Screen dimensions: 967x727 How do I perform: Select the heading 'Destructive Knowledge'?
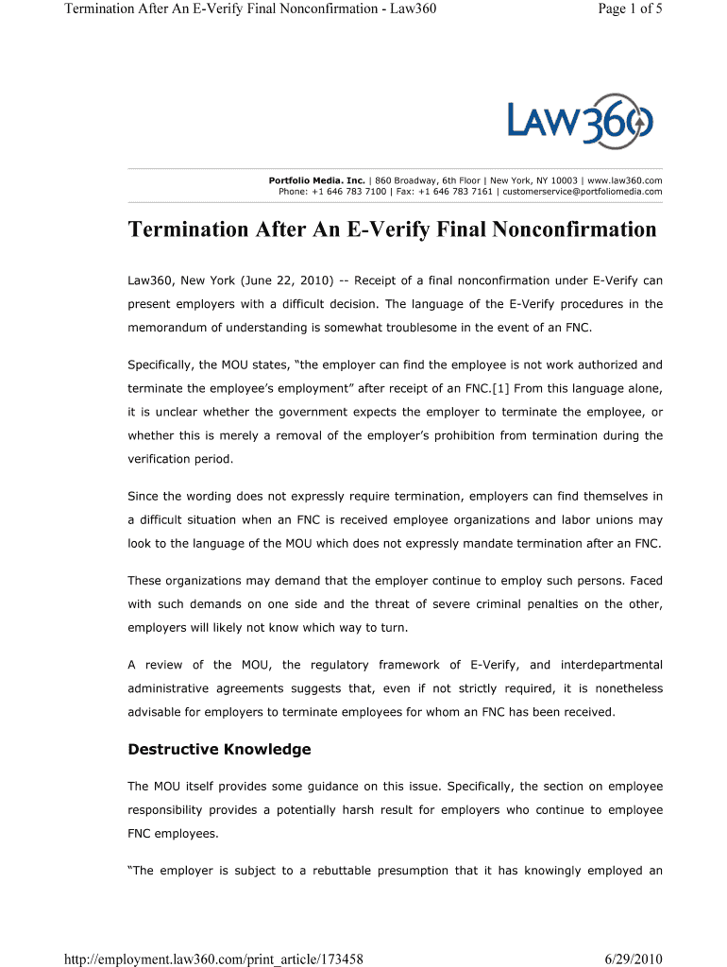coord(219,749)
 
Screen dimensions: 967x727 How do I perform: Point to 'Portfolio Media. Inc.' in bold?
coord(317,179)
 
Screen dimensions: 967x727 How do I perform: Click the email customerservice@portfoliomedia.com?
coord(583,192)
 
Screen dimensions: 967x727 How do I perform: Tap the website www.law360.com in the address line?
coord(627,179)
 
